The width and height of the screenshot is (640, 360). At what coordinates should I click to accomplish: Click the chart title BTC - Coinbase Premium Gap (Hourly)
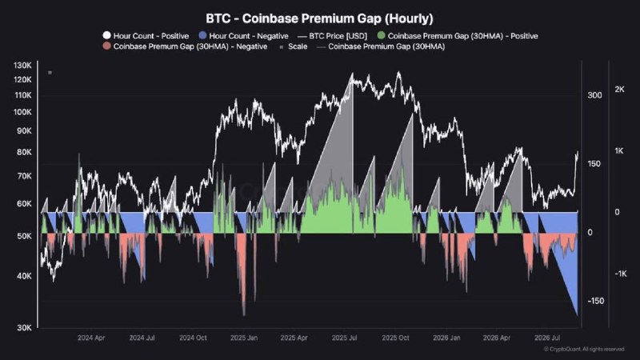coord(319,18)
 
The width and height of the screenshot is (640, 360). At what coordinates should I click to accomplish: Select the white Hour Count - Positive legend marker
coord(106,35)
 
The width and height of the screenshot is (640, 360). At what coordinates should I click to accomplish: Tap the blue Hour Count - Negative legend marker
coord(202,35)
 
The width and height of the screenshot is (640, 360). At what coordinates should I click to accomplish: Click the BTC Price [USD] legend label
coord(338,36)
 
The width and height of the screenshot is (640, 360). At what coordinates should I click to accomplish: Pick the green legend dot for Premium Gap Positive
coord(382,35)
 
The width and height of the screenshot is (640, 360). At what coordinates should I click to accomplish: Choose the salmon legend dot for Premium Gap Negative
coord(106,46)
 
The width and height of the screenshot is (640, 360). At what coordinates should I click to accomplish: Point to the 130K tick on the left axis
coord(22,66)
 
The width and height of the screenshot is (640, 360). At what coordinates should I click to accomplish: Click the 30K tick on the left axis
coord(24,327)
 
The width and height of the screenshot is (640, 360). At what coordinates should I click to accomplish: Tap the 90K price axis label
coord(24,131)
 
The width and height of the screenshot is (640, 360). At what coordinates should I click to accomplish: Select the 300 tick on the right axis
coord(594,95)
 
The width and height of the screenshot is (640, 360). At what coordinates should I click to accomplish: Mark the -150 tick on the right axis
coord(595,301)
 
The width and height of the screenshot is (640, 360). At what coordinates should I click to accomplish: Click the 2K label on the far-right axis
coord(619,90)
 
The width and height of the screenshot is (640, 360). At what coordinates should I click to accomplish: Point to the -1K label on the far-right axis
coord(621,274)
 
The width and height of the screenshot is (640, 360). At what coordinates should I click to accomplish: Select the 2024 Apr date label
coord(91,338)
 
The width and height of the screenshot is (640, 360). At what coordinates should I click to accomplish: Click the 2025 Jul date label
coord(345,338)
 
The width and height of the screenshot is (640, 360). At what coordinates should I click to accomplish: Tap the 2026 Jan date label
coord(446,338)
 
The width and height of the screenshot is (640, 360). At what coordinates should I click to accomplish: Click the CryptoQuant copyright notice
coord(584,349)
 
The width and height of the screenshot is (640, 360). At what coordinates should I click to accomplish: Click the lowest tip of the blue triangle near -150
coord(577,315)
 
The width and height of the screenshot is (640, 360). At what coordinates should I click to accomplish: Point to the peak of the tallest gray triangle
coord(352,74)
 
